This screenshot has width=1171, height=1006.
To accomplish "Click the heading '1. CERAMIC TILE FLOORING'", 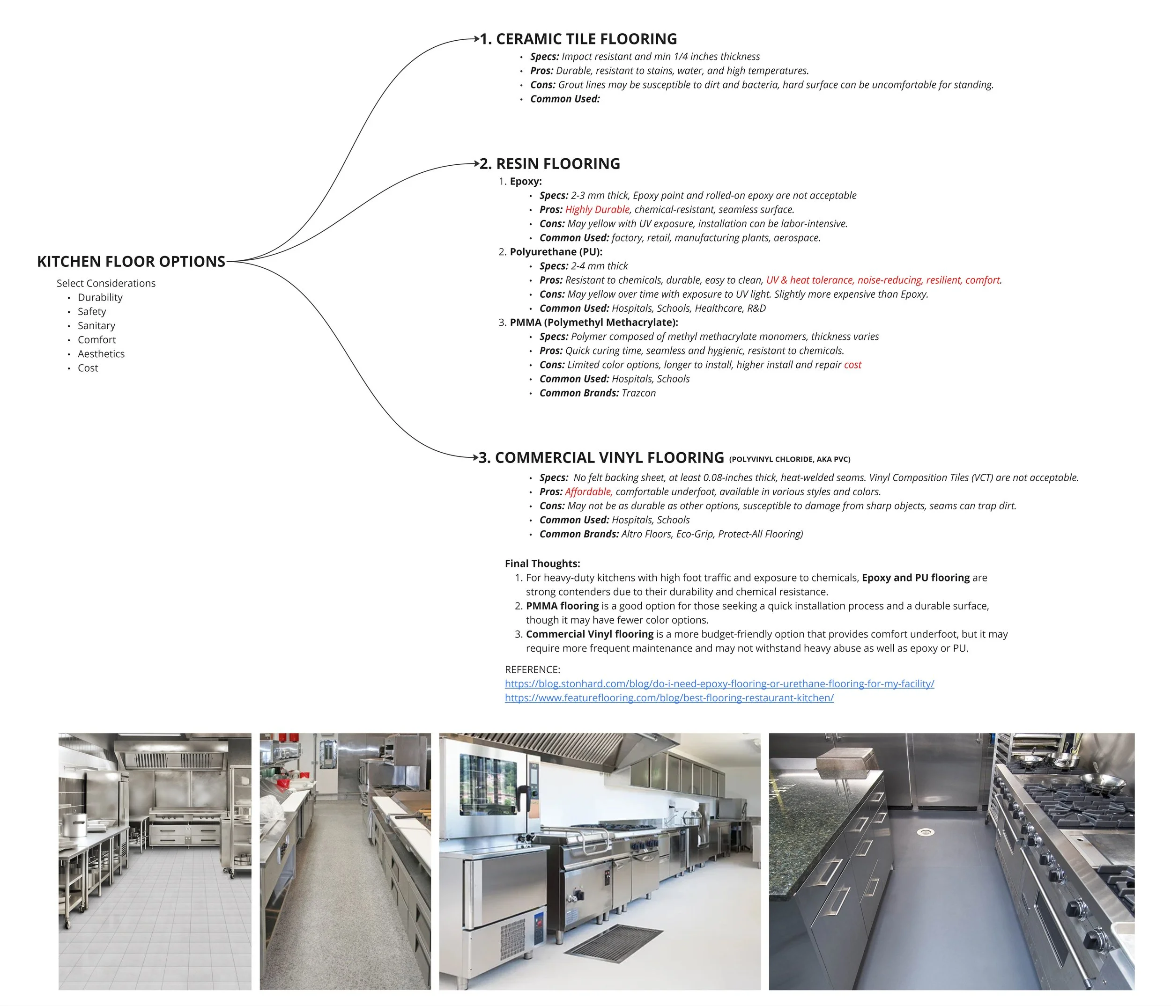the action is (x=578, y=39).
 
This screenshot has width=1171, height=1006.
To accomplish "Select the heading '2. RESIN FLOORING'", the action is (x=550, y=164).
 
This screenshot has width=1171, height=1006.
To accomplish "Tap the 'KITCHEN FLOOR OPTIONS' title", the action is (x=131, y=262).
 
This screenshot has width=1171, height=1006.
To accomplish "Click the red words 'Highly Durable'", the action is (x=597, y=210).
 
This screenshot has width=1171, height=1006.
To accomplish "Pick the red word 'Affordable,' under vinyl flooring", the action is (x=589, y=492).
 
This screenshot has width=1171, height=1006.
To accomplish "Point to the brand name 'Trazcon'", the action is (x=638, y=393).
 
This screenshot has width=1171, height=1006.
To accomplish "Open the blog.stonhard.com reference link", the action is (x=719, y=683).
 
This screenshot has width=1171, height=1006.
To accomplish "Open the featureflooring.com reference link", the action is (x=669, y=698).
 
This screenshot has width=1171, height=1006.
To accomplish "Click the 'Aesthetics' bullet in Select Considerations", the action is (x=101, y=353).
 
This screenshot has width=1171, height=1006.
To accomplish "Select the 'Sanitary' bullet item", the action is (x=96, y=325).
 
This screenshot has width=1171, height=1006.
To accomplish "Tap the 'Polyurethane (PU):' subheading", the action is (x=556, y=252).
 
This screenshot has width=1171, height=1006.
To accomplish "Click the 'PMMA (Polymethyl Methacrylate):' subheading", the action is (x=594, y=323).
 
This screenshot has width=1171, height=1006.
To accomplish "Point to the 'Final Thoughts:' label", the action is (x=542, y=563).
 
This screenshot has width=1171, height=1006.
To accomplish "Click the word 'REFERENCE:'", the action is (x=533, y=669).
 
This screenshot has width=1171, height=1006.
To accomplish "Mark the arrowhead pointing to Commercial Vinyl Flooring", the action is (x=476, y=456).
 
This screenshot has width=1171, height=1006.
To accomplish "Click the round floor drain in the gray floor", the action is (x=925, y=831).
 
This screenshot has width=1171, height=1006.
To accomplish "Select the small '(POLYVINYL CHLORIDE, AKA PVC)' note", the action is (x=790, y=459).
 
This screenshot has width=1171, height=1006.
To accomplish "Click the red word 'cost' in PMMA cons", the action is (x=853, y=365).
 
